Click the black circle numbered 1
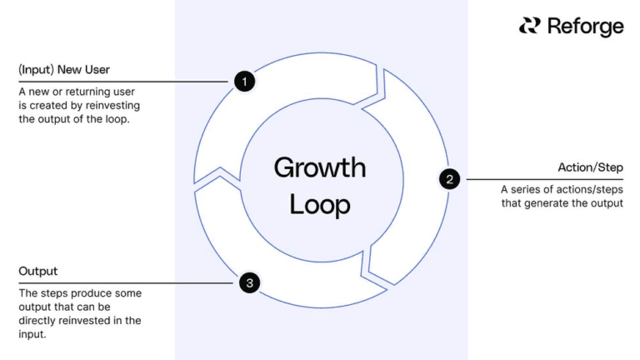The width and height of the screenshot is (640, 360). point(244,82)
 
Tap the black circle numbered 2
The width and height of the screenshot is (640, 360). point(449,179)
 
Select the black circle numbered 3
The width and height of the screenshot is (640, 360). point(249,283)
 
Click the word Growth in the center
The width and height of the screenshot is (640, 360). point(320,167)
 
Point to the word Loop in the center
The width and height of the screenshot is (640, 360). point(320,203)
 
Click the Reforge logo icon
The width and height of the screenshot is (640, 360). point(529,26)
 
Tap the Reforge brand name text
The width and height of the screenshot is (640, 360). point(585,27)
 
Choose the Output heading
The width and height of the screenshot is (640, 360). point(38,272)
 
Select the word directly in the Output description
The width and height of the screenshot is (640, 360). point(42,320)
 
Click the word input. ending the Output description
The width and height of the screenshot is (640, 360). point(32,333)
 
